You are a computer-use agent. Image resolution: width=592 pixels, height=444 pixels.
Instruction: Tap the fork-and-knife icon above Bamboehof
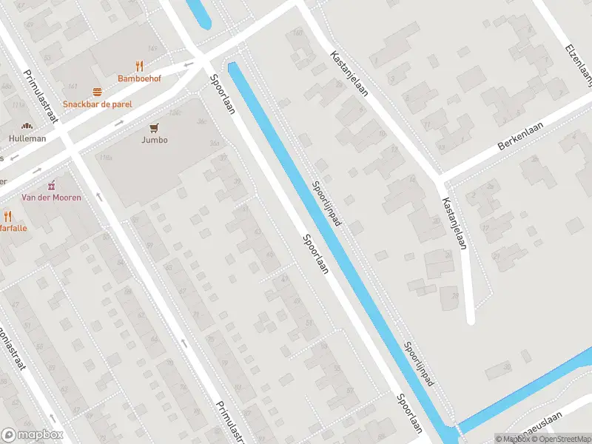tap(139, 66)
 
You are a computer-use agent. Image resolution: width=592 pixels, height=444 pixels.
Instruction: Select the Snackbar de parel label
tap(97, 104)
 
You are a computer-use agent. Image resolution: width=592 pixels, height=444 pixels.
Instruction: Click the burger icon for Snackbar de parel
tap(97, 92)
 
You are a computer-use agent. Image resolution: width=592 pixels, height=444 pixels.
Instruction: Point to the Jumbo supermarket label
tap(154, 140)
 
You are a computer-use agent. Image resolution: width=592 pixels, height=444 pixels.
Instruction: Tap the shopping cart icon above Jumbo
tap(154, 127)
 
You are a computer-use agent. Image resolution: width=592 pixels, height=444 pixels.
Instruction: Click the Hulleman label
tap(27, 138)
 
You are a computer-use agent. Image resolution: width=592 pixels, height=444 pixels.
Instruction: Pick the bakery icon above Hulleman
tap(27, 127)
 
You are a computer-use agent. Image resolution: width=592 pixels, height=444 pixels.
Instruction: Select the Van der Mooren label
tap(51, 198)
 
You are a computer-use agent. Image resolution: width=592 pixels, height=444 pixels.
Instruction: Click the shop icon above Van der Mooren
tap(51, 185)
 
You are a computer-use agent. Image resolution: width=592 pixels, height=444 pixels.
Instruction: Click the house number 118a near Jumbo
tap(105, 158)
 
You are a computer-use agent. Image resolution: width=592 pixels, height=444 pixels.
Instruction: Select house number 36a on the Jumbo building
tap(215, 144)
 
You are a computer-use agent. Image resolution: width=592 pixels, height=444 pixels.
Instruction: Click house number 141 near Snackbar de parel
tap(72, 87)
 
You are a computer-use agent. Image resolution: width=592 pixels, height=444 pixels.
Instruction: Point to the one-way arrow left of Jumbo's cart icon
tap(119, 122)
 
